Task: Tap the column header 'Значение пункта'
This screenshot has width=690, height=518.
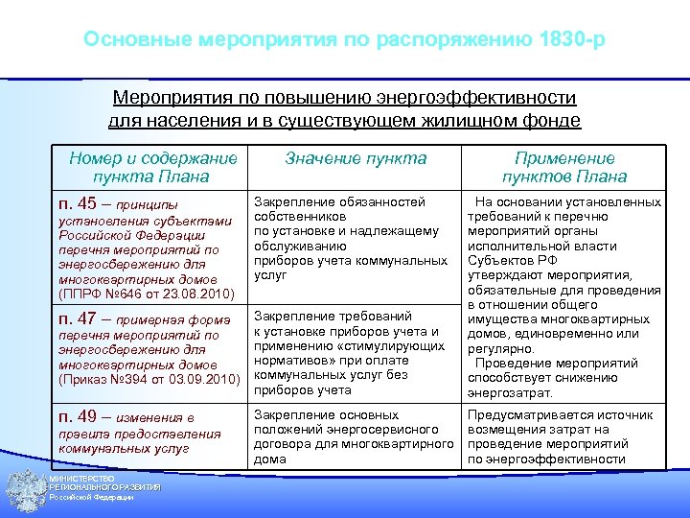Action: click(356, 159)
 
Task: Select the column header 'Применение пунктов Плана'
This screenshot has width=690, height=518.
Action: click(564, 167)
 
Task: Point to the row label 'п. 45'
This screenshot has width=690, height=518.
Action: click(78, 203)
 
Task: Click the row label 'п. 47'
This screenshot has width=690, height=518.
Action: click(78, 318)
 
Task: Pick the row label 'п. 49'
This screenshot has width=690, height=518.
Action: click(78, 416)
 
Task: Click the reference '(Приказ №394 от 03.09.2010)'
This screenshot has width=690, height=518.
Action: click(149, 381)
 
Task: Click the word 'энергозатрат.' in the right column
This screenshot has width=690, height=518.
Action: click(510, 392)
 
